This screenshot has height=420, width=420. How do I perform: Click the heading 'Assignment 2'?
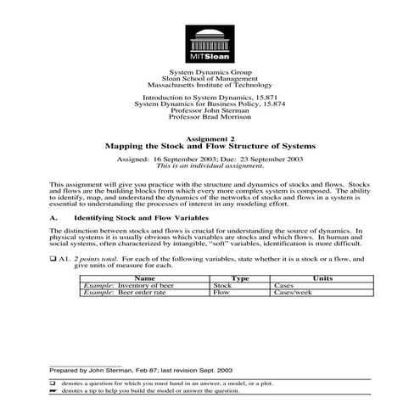[x=209, y=138]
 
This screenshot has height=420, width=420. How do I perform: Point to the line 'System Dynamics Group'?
[x=209, y=74]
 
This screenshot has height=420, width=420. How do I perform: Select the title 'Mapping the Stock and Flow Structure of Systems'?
[x=209, y=146]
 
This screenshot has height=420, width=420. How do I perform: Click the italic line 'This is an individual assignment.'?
[x=209, y=165]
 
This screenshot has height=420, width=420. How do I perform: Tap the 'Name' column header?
[x=145, y=277]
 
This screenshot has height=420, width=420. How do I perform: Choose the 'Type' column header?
[x=239, y=277]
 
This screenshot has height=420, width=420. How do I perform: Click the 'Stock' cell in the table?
[x=222, y=286]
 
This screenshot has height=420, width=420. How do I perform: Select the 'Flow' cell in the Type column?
[x=221, y=294]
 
